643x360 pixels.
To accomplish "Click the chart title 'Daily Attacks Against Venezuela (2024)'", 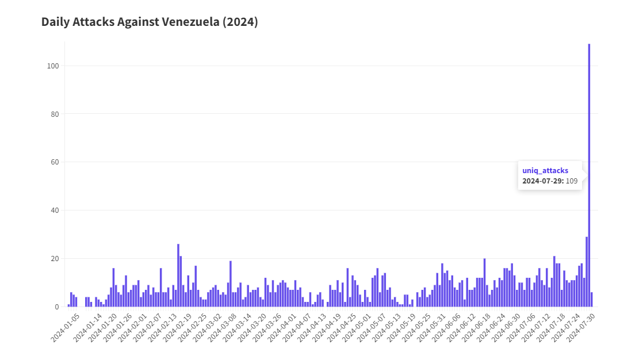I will point(150,22).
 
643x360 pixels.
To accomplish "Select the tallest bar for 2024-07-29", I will point(589,173).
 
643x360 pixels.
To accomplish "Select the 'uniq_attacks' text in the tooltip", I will point(545,171).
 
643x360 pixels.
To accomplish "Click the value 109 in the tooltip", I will point(572,181).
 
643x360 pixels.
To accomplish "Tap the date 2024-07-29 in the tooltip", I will point(542,181).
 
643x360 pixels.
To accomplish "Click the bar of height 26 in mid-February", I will point(178,275).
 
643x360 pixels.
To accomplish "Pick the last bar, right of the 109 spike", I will point(592,300).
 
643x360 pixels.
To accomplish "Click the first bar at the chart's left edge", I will point(68,305).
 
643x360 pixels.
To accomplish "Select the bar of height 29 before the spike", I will point(587,272).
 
